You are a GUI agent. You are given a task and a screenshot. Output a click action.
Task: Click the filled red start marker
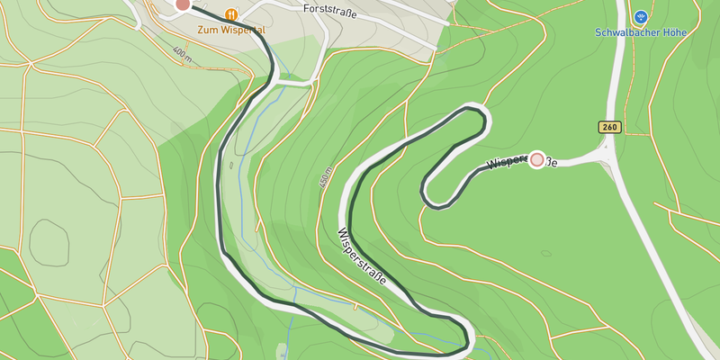(x=183, y=4)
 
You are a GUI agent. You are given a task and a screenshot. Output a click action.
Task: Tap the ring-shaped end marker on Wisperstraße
(x=538, y=160)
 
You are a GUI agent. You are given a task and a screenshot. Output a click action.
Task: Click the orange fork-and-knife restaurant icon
(x=232, y=14)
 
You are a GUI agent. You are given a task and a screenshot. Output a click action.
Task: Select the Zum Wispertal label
(x=231, y=30)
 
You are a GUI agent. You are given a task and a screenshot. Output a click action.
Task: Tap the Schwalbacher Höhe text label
(x=640, y=32)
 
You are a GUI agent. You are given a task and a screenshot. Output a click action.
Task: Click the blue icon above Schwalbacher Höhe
(x=641, y=16)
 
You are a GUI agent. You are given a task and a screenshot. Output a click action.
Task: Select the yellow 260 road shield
(x=609, y=128)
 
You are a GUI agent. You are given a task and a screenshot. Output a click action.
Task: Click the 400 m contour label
(x=182, y=56)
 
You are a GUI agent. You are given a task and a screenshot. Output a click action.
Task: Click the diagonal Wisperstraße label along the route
(x=362, y=256)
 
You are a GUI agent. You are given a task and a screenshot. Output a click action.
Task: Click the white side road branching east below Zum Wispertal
(x=292, y=83)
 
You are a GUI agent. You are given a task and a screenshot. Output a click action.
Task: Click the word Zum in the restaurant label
(x=208, y=30)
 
